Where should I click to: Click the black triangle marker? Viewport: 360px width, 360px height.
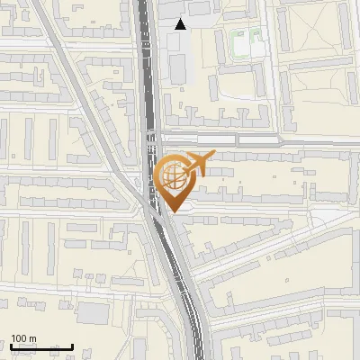point(181,24)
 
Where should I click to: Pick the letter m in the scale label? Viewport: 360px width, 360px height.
point(34,338)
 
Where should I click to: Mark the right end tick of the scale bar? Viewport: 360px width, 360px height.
point(73,346)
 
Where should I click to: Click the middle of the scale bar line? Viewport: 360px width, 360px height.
point(40,346)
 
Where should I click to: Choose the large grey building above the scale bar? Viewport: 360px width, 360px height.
point(94,312)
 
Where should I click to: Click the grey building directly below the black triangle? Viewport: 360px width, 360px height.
point(178,65)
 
